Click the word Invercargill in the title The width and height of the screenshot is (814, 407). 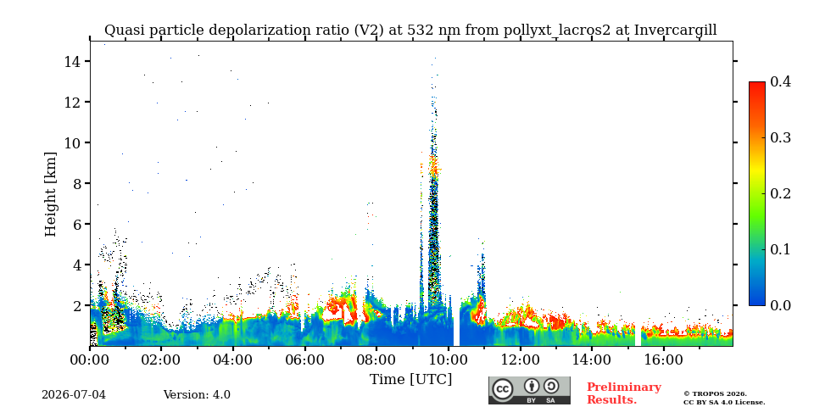coord(676,31)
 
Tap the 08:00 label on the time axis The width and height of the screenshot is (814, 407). coord(376,359)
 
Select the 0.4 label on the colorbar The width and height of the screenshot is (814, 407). coord(780,81)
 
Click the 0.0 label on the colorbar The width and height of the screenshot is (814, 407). coord(780,305)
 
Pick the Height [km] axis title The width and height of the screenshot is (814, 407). coord(50,194)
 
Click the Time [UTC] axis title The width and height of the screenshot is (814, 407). coord(410,380)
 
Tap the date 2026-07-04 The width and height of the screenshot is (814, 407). coord(74,395)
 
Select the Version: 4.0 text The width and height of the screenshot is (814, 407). coord(197,395)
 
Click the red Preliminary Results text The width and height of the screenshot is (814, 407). coord(624,393)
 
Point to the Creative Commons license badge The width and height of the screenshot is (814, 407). coord(529,390)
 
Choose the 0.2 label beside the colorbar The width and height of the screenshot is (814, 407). coord(780,193)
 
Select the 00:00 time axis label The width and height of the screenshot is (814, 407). coord(90,359)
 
